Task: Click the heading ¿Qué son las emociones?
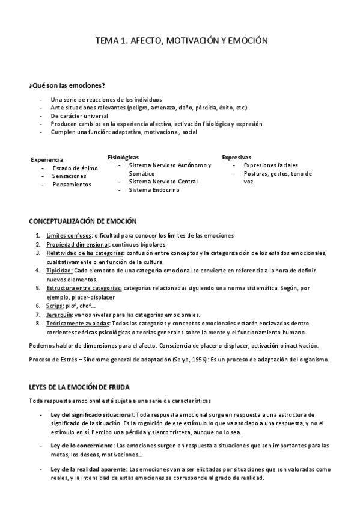coord(67,86)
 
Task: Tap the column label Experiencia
coord(47,159)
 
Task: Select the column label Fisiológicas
coord(123,156)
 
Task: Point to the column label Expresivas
coord(236,156)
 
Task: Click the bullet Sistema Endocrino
coord(153,189)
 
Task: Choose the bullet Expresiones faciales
coord(270,165)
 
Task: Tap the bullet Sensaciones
coord(69,176)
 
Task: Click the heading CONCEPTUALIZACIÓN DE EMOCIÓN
coord(83,221)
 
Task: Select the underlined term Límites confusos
coord(69,235)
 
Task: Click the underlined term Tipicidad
coord(60,271)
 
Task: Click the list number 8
coord(38,324)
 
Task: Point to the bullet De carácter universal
coord(79,115)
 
